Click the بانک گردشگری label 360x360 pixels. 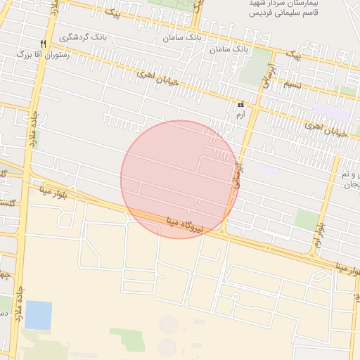click(84, 37)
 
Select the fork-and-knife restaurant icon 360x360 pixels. click(43, 44)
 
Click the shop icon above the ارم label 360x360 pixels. click(241, 104)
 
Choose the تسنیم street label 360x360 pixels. click(292, 85)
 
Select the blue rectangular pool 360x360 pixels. click(38, 315)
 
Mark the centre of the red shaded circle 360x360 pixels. click(179, 179)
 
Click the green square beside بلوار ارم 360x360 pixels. click(307, 220)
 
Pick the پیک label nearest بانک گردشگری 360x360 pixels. click(112, 12)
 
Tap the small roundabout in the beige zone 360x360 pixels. click(169, 324)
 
